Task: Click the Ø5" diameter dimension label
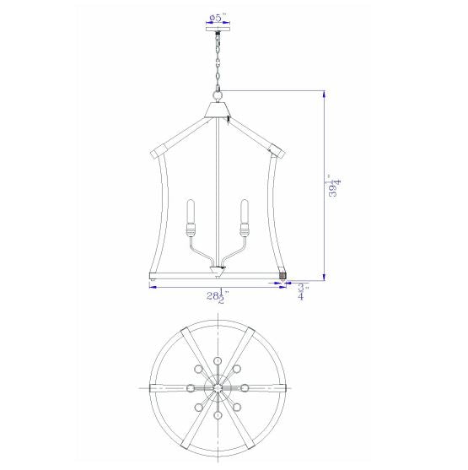pyautogui.click(x=218, y=18)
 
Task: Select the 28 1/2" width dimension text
pyautogui.click(x=218, y=296)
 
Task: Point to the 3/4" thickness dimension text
pyautogui.click(x=304, y=292)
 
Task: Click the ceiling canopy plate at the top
pyautogui.click(x=218, y=30)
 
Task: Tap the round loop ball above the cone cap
pyautogui.click(x=218, y=96)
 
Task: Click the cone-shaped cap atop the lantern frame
pyautogui.click(x=218, y=110)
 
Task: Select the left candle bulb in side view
pyautogui.click(x=191, y=211)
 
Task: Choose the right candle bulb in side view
pyautogui.click(x=245, y=211)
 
